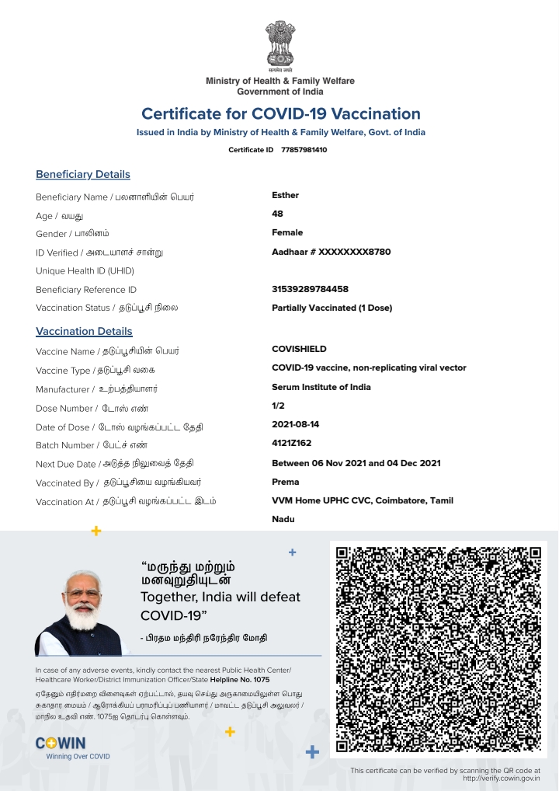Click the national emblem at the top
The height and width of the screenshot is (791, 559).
[280, 45]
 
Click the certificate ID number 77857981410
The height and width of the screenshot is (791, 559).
[304, 149]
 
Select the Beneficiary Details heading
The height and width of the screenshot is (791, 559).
[83, 174]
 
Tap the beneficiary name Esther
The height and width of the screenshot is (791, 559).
[285, 195]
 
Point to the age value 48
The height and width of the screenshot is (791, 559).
[277, 214]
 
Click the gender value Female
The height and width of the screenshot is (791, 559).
[287, 232]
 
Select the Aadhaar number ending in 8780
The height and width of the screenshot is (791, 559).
[331, 252]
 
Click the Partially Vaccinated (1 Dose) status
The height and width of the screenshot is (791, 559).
[332, 308]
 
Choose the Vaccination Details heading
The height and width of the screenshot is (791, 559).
[84, 331]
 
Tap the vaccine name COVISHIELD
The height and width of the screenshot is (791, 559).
[299, 349]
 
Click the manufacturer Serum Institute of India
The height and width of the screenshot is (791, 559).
[321, 387]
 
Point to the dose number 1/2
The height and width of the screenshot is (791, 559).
[278, 406]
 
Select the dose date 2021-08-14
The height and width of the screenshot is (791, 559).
[295, 424]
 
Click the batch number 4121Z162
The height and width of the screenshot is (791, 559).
[291, 444]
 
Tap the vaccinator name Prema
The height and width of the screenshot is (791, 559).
[285, 482]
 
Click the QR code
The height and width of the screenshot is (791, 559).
[438, 650]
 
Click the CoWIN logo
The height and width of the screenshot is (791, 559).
[62, 744]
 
